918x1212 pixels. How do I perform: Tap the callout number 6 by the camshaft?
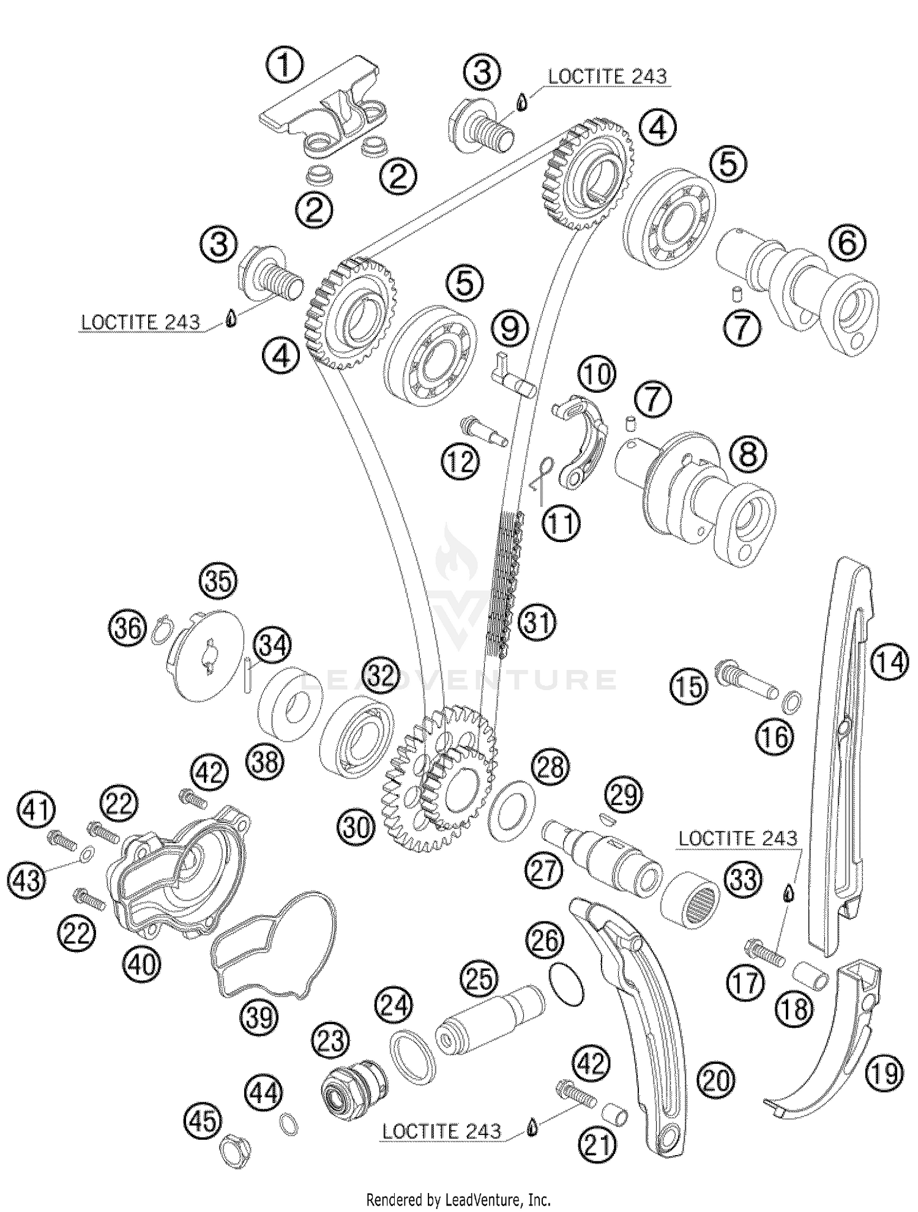(x=847, y=244)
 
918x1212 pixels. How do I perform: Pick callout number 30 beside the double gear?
(x=357, y=828)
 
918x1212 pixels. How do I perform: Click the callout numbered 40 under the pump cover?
(x=142, y=965)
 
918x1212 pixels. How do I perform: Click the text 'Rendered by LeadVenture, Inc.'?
(x=458, y=1200)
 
